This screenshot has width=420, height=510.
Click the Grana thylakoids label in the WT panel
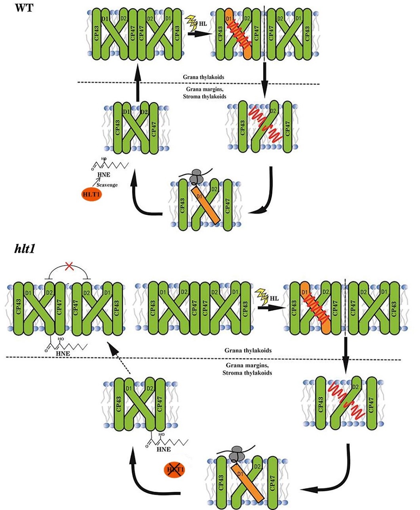coord(203,77)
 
